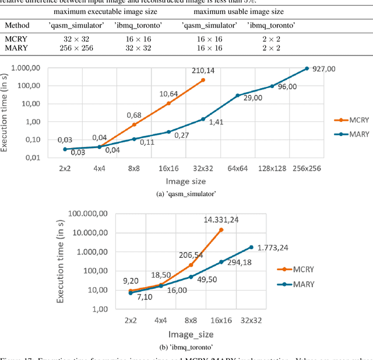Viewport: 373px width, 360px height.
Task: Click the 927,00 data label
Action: (325, 68)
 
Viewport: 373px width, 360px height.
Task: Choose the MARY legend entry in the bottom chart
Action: (296, 285)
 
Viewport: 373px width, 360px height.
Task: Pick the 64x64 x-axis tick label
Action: (238, 169)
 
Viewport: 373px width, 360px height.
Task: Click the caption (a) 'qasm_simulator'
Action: (186, 194)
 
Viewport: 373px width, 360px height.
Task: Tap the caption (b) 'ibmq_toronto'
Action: (186, 347)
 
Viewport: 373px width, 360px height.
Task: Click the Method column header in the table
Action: (17, 26)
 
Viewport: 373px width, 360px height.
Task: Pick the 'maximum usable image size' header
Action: (238, 11)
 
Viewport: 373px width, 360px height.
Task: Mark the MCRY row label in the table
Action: (15, 39)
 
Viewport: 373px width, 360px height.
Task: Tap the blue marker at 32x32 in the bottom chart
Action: (251, 247)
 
